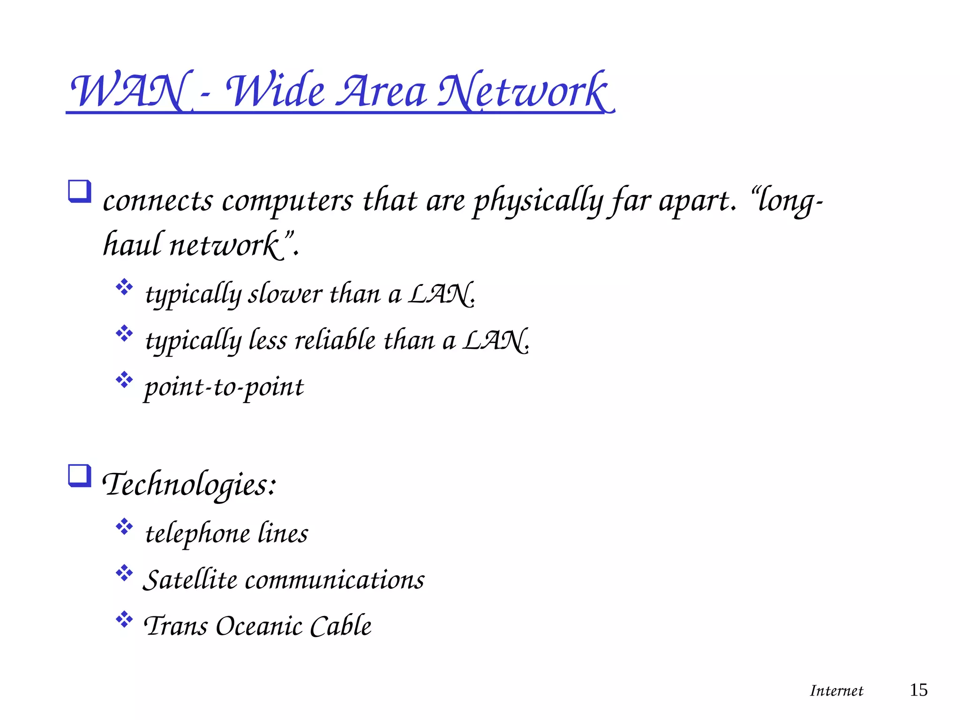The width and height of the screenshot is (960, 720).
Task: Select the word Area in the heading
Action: (382, 91)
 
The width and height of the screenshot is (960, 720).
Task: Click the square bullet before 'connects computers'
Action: (79, 191)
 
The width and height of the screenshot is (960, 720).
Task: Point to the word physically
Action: (537, 202)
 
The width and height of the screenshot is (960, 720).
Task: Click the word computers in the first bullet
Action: (287, 202)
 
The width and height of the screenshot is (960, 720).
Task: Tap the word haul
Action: (132, 245)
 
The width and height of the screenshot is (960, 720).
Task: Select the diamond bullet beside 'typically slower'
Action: (124, 287)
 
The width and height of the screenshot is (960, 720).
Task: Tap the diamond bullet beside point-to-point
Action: (124, 380)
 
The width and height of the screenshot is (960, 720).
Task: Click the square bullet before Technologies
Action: (79, 475)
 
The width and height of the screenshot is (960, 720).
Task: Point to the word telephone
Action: (198, 533)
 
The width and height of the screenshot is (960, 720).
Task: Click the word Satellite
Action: (190, 580)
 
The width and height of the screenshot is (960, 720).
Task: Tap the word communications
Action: (335, 580)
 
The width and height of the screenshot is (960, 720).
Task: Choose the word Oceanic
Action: (259, 626)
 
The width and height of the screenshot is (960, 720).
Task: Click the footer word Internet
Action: (836, 691)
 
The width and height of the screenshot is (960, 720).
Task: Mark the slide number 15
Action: (918, 690)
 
